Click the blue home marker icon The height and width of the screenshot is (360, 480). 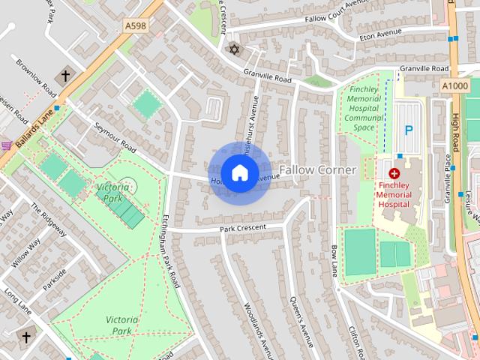coord(239,173)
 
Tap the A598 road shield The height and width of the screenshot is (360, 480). coord(136,25)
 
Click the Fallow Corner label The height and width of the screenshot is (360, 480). coord(318,170)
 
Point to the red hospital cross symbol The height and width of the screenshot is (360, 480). coord(394,173)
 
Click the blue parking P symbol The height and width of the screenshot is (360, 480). coord(409,130)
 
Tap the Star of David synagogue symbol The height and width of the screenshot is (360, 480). coord(233,49)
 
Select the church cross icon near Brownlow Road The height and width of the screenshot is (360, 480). coord(65,76)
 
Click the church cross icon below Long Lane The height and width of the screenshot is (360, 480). coord(26,337)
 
